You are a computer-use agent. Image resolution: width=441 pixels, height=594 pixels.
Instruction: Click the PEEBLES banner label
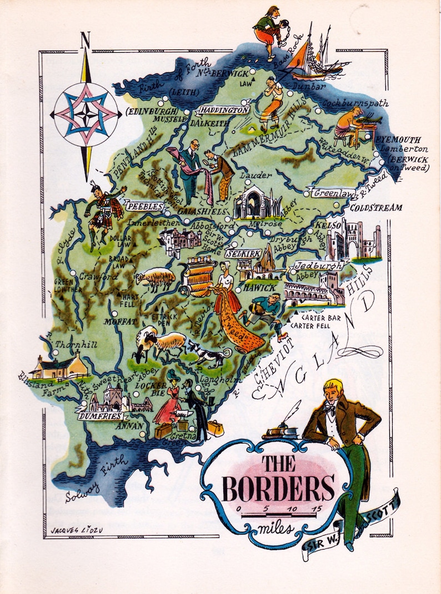[145, 206]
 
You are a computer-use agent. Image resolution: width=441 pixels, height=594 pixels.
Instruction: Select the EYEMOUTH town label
[398, 139]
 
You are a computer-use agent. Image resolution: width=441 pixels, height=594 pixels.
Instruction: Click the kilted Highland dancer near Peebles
[102, 214]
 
